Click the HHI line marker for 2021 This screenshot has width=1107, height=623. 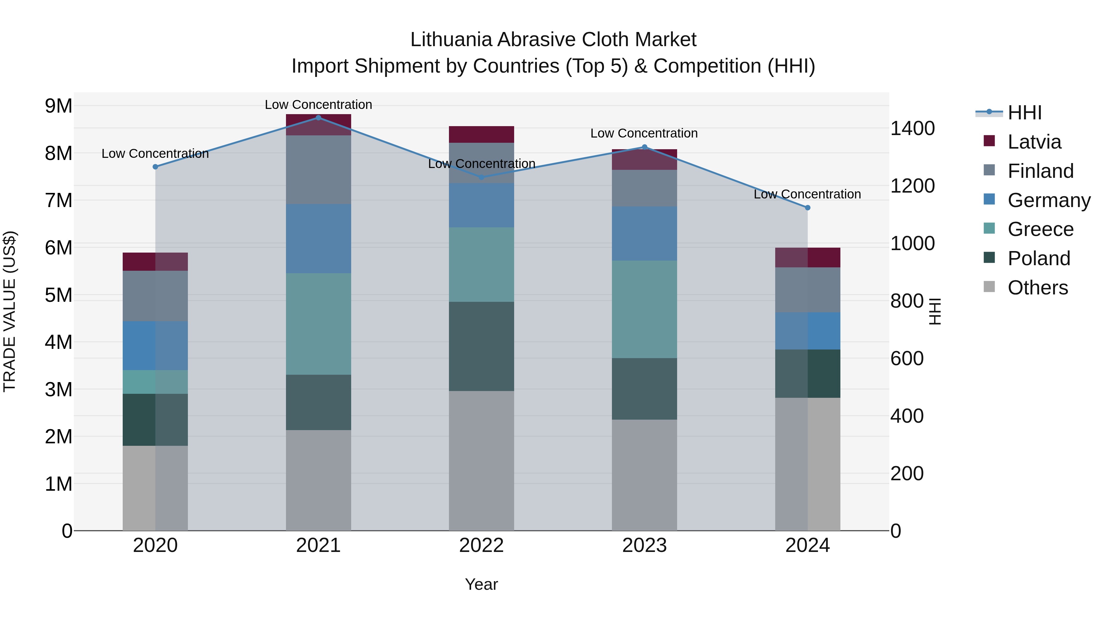319,118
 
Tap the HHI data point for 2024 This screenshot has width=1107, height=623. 807,208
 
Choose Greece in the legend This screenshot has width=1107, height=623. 1040,229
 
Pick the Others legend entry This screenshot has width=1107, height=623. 1038,288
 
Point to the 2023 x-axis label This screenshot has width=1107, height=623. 644,545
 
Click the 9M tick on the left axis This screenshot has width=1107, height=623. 58,106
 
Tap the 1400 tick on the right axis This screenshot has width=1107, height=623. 912,128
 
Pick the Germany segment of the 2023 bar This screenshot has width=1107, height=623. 644,234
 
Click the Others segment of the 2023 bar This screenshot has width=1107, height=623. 644,475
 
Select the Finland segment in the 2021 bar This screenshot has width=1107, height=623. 319,170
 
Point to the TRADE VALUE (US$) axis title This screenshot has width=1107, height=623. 10,311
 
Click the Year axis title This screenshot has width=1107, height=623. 481,584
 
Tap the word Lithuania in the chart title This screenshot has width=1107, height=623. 451,40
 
